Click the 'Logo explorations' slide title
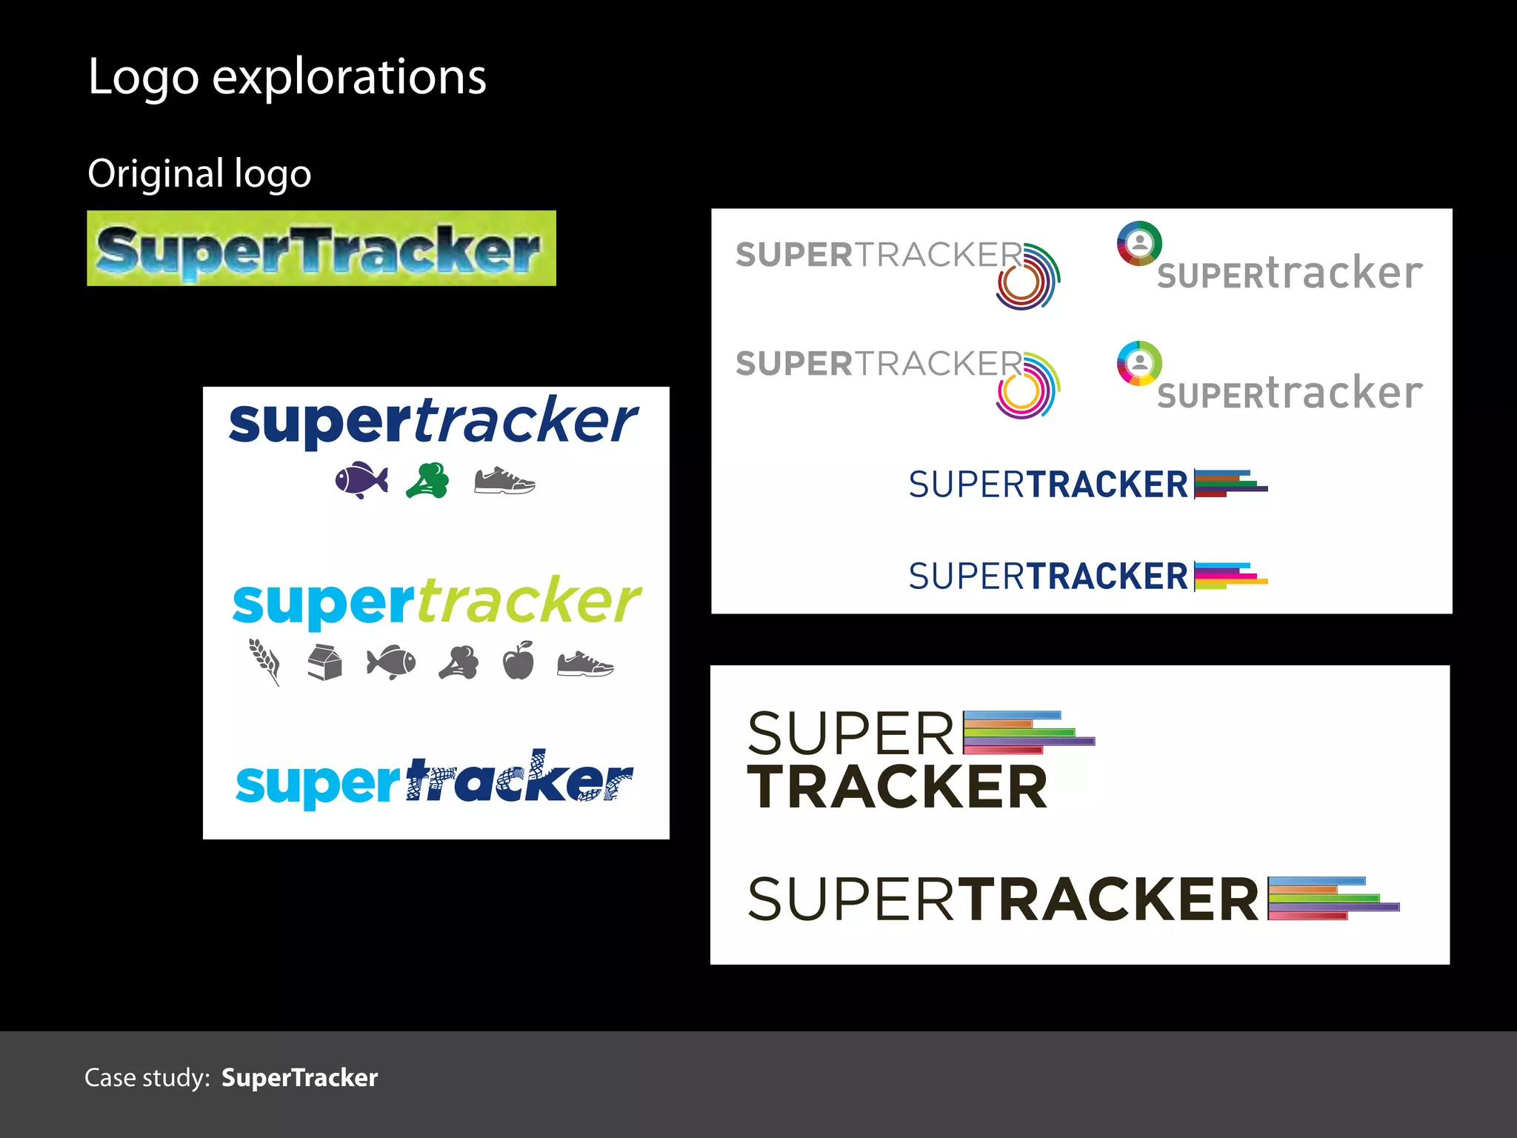pyautogui.click(x=287, y=77)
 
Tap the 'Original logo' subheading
pyautogui.click(x=199, y=174)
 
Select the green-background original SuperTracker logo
pyautogui.click(x=321, y=248)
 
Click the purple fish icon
pyautogui.click(x=361, y=480)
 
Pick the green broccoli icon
pyautogui.click(x=428, y=480)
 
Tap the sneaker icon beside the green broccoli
pyautogui.click(x=504, y=481)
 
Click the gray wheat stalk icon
pyautogui.click(x=264, y=662)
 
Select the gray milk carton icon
pyautogui.click(x=324, y=662)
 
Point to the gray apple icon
pyautogui.click(x=519, y=660)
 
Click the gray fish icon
pyautogui.click(x=391, y=662)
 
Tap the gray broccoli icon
pyautogui.click(x=459, y=662)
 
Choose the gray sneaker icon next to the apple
pyautogui.click(x=585, y=663)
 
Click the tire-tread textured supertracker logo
pyautogui.click(x=434, y=779)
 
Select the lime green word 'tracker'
pyautogui.click(x=529, y=601)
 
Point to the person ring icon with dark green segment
pyautogui.click(x=1139, y=243)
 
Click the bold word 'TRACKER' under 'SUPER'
pyautogui.click(x=897, y=787)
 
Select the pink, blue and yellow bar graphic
pyautogui.click(x=1230, y=576)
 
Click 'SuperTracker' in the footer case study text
pyautogui.click(x=299, y=1078)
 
